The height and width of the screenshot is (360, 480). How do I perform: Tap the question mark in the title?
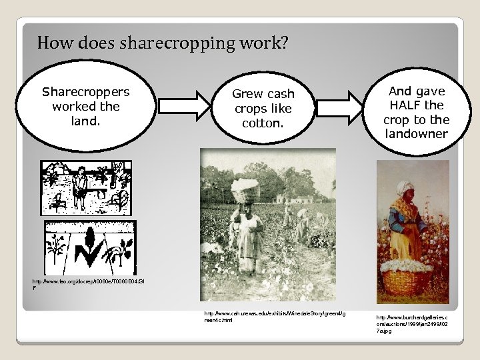click(284, 44)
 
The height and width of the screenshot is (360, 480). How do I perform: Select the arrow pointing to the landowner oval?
click(342, 107)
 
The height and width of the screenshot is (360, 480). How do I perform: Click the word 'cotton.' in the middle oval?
click(263, 123)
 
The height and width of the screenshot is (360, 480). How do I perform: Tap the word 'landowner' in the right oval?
click(416, 133)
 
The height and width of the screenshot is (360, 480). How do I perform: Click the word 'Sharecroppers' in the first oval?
click(86, 91)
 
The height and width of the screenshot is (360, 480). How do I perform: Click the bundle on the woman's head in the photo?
click(247, 183)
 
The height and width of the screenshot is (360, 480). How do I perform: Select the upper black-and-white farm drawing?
click(87, 187)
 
